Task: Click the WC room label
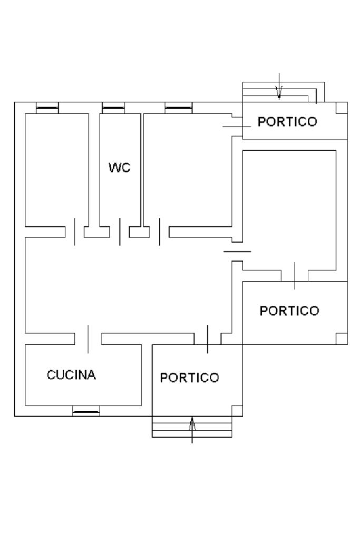tap(119, 168)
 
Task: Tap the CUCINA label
tap(71, 375)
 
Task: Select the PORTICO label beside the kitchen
tap(189, 378)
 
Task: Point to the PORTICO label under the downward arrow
tap(287, 122)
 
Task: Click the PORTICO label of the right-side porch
tap(289, 311)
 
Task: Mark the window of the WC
tap(113, 109)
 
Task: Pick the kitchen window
tap(86, 411)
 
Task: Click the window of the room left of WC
tap(47, 109)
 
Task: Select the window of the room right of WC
tap(178, 109)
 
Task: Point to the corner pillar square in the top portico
tap(342, 108)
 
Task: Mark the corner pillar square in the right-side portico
tap(342, 339)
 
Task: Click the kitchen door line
tap(88, 339)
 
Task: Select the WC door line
tap(120, 232)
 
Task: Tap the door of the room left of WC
tap(74, 232)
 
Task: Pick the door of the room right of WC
tap(160, 232)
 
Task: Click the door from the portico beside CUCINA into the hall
tap(208, 339)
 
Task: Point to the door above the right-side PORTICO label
tap(295, 275)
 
